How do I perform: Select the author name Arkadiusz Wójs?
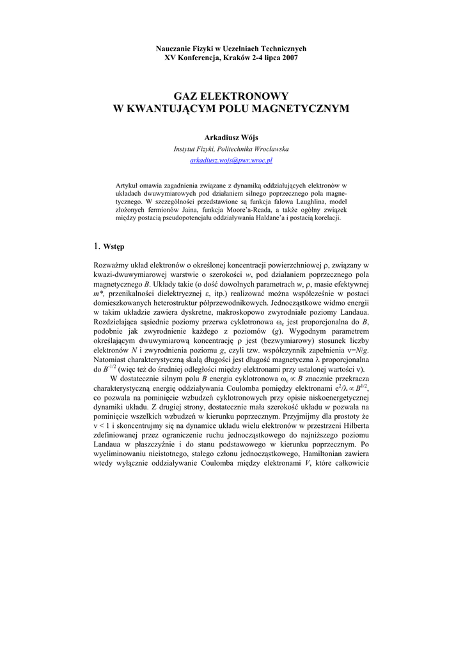coord(231,138)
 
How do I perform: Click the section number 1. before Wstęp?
coord(97,246)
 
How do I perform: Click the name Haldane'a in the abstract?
coord(253,217)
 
